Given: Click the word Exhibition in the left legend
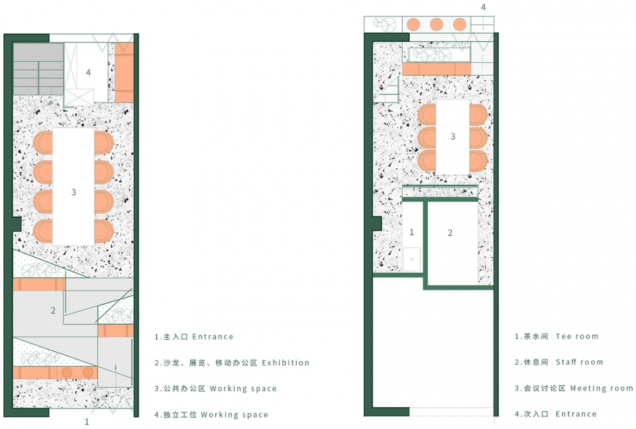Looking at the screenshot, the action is tap(286, 363).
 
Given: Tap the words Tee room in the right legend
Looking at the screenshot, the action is tap(577, 336).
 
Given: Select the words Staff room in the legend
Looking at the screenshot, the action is tap(579, 362).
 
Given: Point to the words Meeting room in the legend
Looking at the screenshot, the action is tap(602, 388).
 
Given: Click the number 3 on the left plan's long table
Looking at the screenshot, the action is tap(74, 192).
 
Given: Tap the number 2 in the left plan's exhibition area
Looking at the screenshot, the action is tap(53, 310).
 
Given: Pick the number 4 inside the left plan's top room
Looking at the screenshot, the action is tap(88, 73).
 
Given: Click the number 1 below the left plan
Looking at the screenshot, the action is tap(86, 422).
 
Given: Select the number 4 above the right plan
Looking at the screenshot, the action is tap(483, 7).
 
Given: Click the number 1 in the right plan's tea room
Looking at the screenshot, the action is tap(411, 232).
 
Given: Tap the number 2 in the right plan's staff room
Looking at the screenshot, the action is tap(450, 233).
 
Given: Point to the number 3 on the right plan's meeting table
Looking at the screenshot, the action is tap(453, 136).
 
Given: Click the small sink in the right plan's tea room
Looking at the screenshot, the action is tap(411, 259).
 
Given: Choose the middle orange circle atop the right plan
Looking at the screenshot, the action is tap(437, 24).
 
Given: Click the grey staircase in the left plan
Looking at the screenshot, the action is tap(38, 70).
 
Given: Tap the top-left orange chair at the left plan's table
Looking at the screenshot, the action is tap(43, 143).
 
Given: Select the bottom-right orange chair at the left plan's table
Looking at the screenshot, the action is tap(104, 231).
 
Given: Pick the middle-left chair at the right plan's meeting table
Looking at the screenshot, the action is tap(427, 138).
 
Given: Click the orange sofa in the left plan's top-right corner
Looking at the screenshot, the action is tap(124, 72).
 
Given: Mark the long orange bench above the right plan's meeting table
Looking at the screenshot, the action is tap(437, 69).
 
